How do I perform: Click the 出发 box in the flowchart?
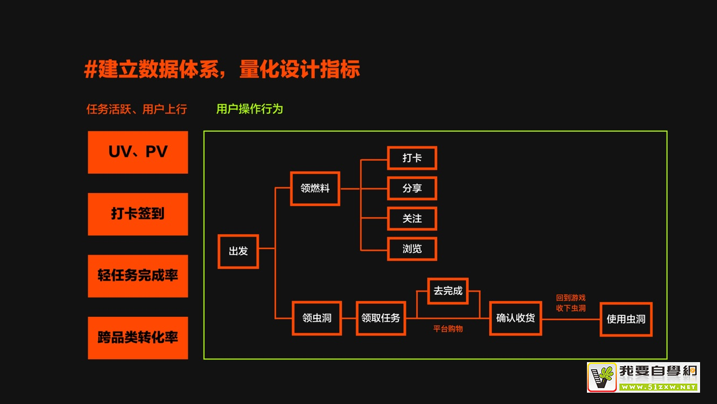(238, 251)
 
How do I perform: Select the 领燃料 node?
(315, 188)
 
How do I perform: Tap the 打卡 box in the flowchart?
(412, 158)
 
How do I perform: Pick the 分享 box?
(412, 188)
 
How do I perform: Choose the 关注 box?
(412, 218)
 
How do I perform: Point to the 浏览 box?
(412, 249)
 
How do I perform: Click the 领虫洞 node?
(317, 318)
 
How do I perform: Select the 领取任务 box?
(381, 318)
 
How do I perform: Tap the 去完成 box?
(448, 291)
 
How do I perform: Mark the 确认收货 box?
(515, 318)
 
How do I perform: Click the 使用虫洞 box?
(625, 319)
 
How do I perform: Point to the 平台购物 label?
(448, 328)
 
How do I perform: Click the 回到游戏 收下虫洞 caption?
(571, 303)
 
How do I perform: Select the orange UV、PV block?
(138, 152)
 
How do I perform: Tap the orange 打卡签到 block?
(138, 214)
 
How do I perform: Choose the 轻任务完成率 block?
(138, 276)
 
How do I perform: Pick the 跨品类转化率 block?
(138, 338)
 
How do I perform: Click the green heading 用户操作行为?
(249, 109)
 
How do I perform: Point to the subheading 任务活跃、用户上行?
(136, 109)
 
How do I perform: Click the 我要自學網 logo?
(643, 377)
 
